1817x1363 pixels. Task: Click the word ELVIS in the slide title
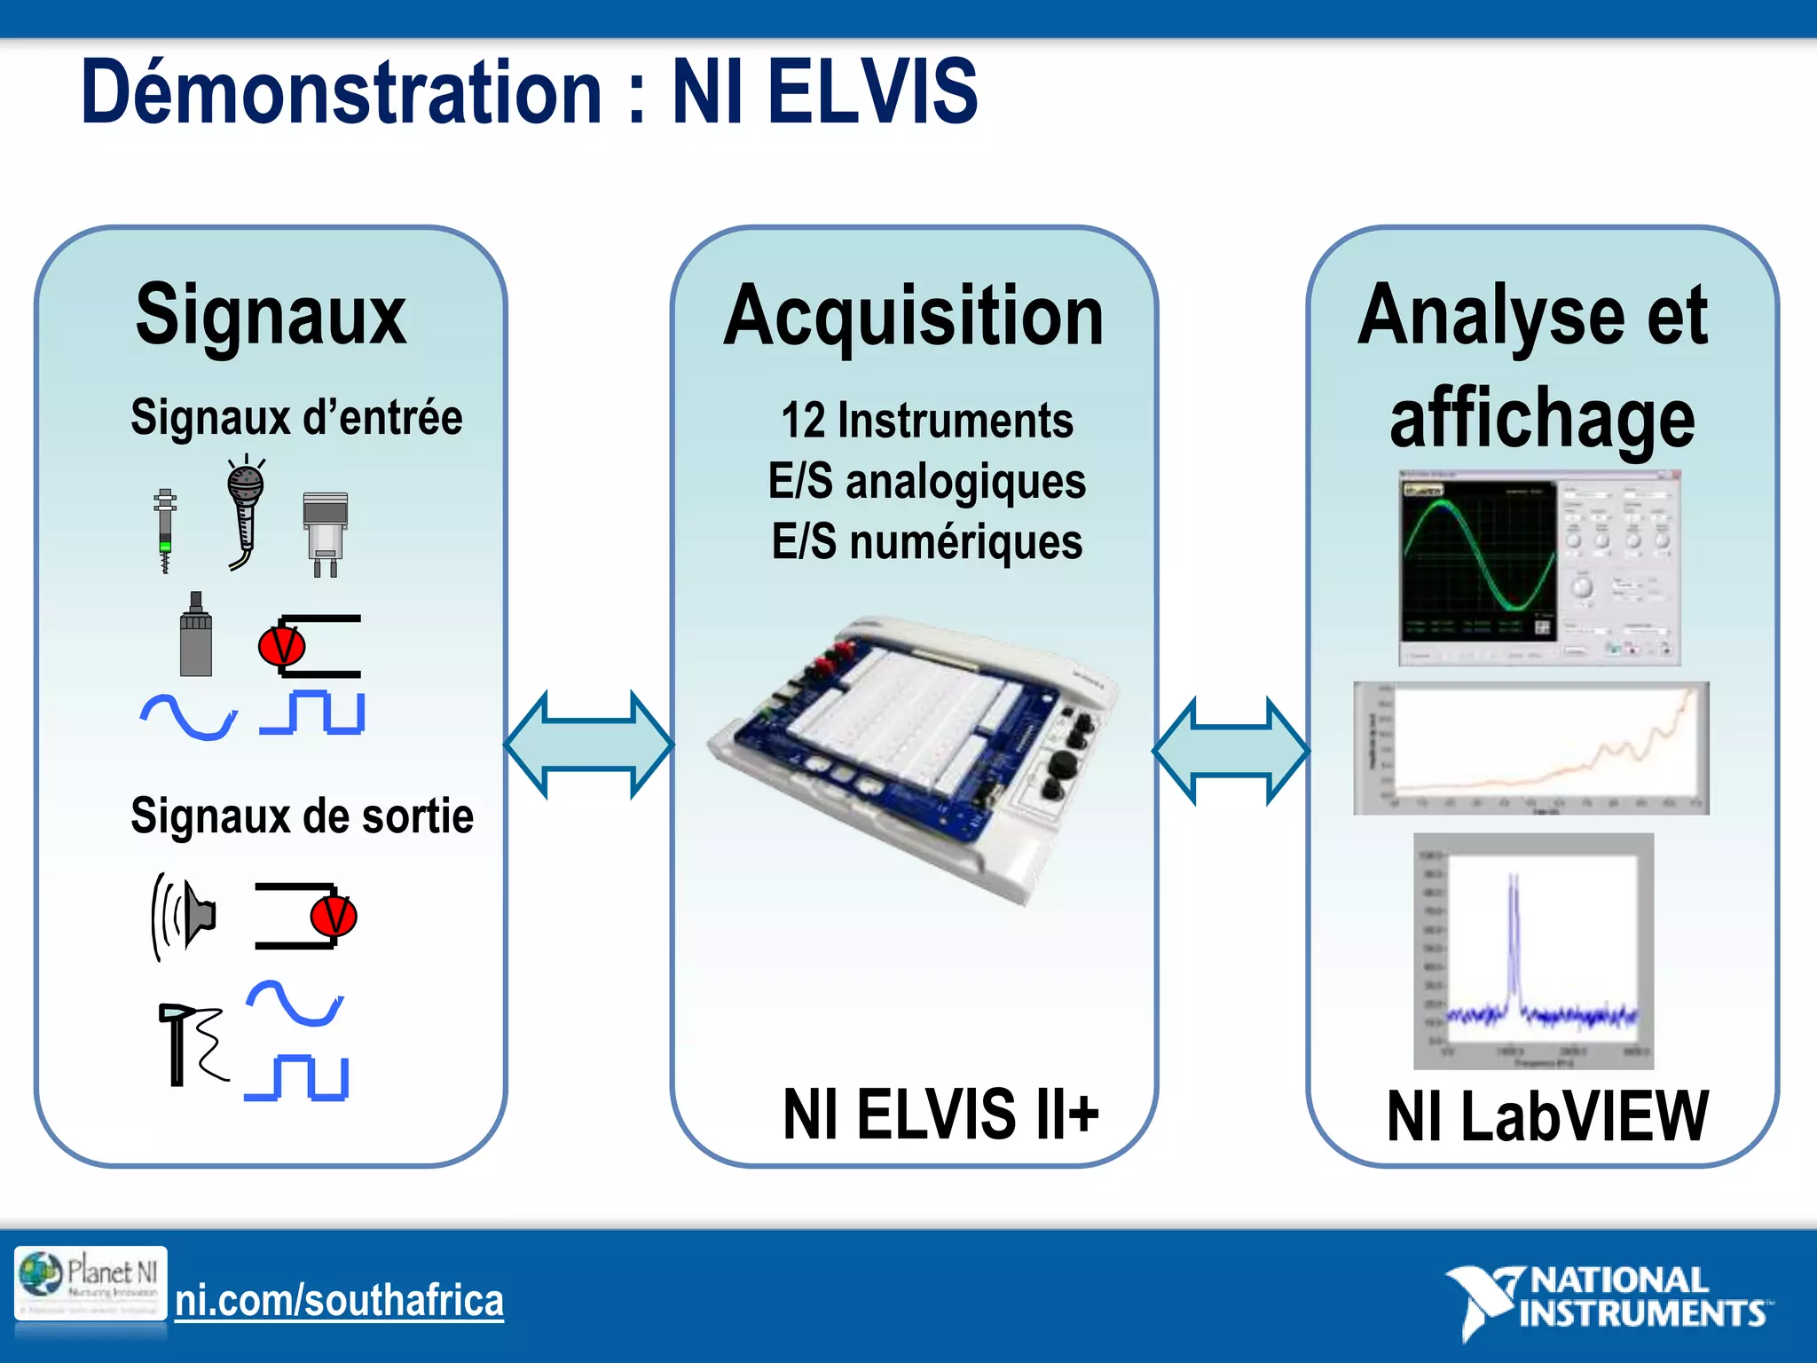(871, 92)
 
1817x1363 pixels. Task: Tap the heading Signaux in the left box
(271, 315)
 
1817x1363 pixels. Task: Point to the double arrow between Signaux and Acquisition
(589, 745)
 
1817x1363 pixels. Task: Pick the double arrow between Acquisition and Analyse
(1231, 751)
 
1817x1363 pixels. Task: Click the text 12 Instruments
(926, 421)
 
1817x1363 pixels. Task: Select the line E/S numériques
(926, 541)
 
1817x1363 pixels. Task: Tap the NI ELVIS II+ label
(940, 1115)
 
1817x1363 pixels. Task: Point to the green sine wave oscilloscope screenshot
(1539, 568)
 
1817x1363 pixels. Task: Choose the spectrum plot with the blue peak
(1533, 951)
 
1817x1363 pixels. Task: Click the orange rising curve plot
(1530, 748)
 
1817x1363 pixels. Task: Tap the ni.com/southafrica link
(339, 1301)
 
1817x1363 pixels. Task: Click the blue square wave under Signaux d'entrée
(312, 712)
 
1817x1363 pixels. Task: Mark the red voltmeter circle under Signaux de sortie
(334, 916)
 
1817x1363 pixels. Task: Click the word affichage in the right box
(1542, 419)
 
